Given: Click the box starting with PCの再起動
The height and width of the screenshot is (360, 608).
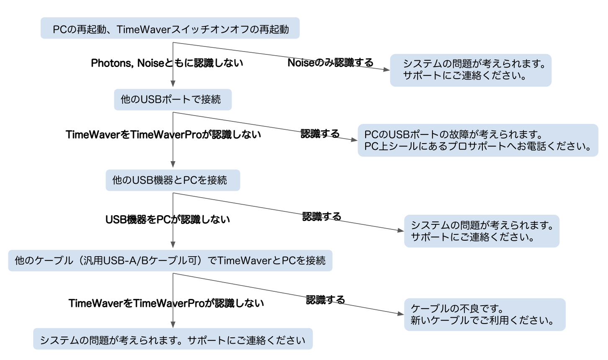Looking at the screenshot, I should [170, 28].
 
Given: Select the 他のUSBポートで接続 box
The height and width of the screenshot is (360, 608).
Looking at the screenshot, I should [173, 100].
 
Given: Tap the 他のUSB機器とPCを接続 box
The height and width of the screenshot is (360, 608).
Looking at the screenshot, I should [173, 180].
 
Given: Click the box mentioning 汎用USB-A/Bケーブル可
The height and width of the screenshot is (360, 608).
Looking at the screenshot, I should [170, 261].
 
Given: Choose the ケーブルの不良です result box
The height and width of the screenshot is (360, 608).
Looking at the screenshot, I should [484, 314].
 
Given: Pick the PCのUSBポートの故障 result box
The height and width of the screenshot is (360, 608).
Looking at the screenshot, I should [478, 140].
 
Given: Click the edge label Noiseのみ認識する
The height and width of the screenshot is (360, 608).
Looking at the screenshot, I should [330, 63].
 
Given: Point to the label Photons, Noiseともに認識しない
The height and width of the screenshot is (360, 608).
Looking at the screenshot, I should [167, 63].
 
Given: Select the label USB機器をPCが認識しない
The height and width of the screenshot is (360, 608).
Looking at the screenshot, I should [167, 219].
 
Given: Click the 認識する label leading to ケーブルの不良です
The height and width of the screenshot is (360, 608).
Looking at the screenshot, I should [325, 300].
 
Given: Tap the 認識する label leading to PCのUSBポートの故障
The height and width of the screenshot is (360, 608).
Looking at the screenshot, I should [320, 134].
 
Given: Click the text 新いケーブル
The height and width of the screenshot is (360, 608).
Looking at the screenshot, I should [435, 321].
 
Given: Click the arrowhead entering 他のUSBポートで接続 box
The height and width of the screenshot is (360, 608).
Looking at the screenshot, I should [173, 84].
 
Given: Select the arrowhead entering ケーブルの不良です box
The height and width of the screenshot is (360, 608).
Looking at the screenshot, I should [401, 314].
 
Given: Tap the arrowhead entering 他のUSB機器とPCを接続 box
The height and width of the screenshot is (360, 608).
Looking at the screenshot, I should [173, 165].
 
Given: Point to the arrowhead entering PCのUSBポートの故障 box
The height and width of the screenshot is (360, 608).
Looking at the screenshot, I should [355, 140].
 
